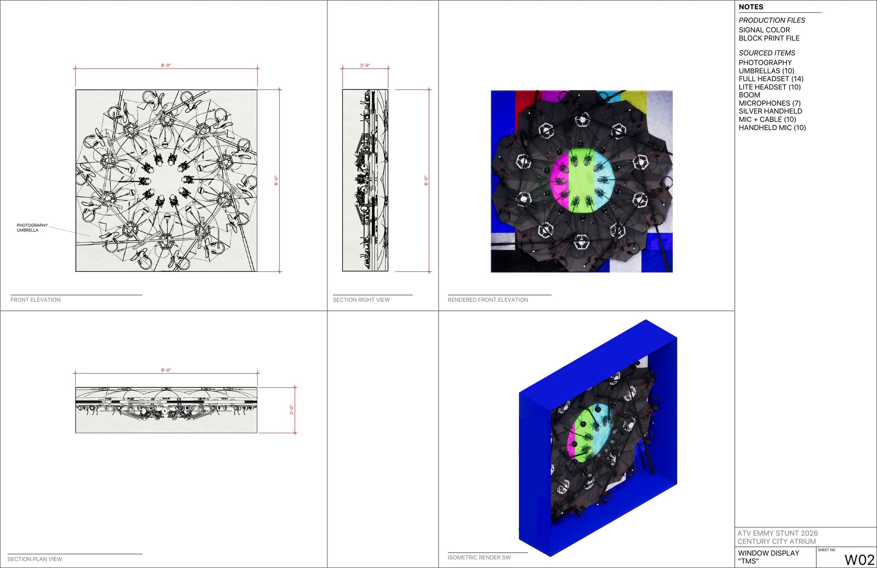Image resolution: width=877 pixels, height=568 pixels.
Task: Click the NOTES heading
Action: pos(751,7)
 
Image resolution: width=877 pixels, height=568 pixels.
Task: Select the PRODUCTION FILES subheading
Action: pos(772,20)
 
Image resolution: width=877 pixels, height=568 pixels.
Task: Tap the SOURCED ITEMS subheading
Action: pos(767,53)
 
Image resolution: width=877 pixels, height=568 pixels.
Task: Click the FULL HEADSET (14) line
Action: pos(771,79)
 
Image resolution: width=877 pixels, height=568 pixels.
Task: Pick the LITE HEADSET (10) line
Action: pos(770,87)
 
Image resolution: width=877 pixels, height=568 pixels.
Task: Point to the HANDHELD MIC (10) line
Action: pos(772,128)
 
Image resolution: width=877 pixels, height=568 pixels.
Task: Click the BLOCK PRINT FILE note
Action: pos(769,38)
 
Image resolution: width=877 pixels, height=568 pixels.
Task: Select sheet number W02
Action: pos(859,560)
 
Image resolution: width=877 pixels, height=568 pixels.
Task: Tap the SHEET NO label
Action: pos(827,550)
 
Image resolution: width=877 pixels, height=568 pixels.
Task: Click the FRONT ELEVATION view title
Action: pos(35,300)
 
